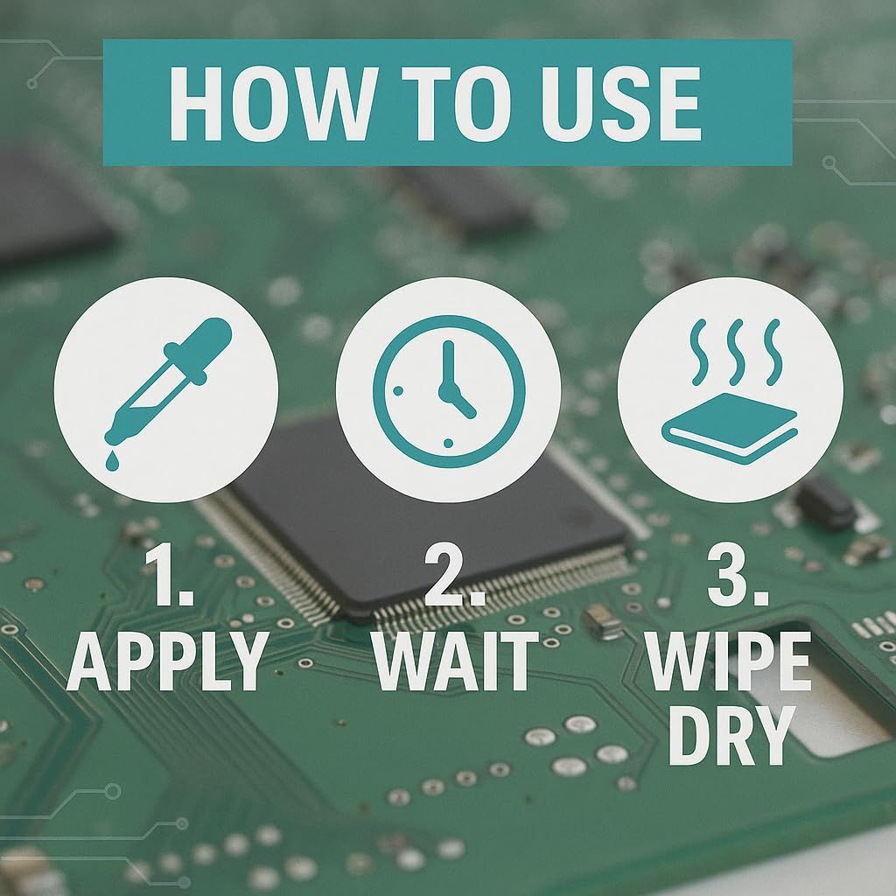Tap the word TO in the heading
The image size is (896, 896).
455,103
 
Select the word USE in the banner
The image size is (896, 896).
621,103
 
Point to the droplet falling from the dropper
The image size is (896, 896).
113,461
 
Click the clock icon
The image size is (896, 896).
449,391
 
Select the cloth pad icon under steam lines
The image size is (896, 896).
730,428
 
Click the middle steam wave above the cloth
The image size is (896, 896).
736,352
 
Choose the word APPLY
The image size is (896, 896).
167,661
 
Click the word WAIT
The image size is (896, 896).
456,661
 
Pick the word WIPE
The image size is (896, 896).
729,661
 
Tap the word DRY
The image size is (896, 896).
731,735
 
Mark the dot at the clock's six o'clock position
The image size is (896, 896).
449,444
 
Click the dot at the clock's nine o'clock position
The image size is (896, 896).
398,391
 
